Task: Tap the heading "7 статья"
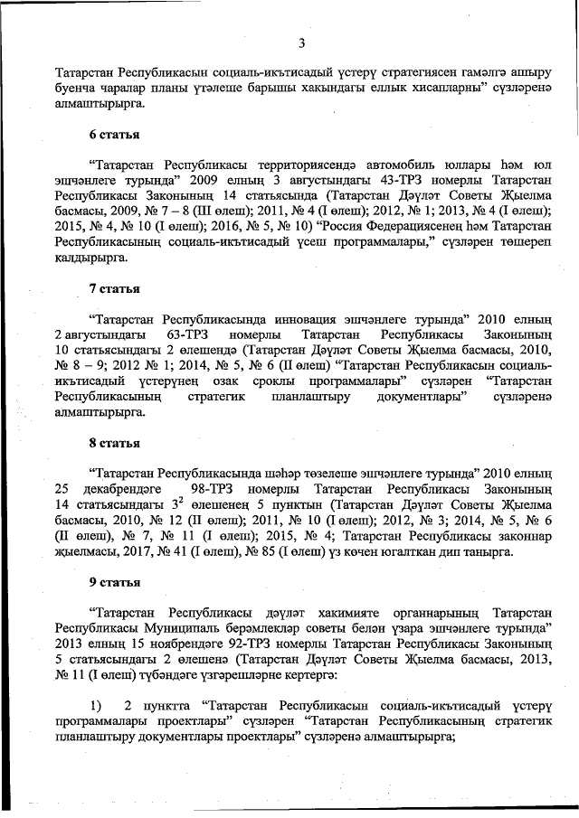(x=113, y=288)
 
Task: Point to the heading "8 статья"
(x=113, y=443)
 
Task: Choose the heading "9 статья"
(x=113, y=583)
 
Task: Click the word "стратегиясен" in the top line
(x=352, y=71)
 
